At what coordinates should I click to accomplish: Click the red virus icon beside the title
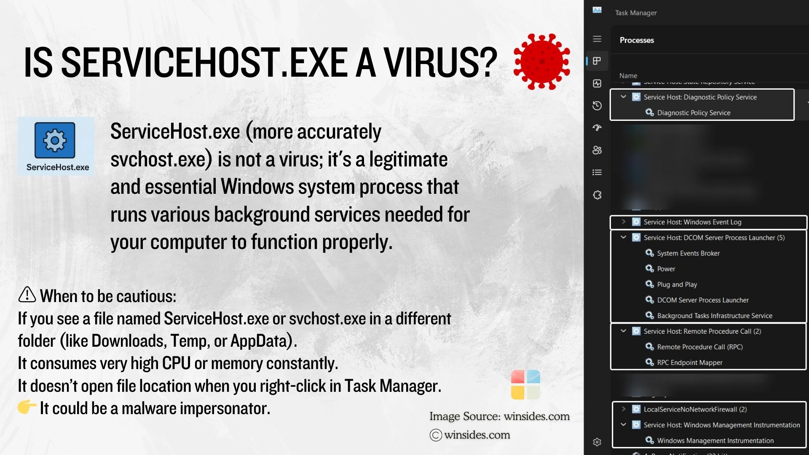click(542, 62)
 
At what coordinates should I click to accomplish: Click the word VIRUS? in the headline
click(440, 62)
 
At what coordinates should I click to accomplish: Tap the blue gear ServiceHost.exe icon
click(55, 140)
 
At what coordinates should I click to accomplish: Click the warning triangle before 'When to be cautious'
click(27, 295)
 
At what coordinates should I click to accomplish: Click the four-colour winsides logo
click(525, 385)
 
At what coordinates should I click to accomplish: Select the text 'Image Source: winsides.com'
click(499, 416)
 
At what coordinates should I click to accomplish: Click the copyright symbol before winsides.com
click(436, 435)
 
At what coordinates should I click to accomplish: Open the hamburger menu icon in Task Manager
click(597, 39)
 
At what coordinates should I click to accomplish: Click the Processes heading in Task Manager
click(637, 40)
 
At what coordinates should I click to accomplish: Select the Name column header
click(628, 76)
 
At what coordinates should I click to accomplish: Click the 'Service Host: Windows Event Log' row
click(692, 222)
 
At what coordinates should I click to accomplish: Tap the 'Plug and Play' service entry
click(677, 284)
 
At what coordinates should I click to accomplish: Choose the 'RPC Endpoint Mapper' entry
click(689, 362)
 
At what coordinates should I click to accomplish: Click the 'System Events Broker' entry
click(688, 253)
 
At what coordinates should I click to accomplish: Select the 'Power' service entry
click(666, 269)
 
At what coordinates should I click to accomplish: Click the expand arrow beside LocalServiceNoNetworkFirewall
click(624, 409)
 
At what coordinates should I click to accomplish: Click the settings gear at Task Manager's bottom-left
click(597, 442)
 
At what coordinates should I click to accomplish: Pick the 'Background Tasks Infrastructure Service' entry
click(714, 316)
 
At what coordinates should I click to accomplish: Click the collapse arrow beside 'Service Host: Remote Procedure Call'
click(624, 331)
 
